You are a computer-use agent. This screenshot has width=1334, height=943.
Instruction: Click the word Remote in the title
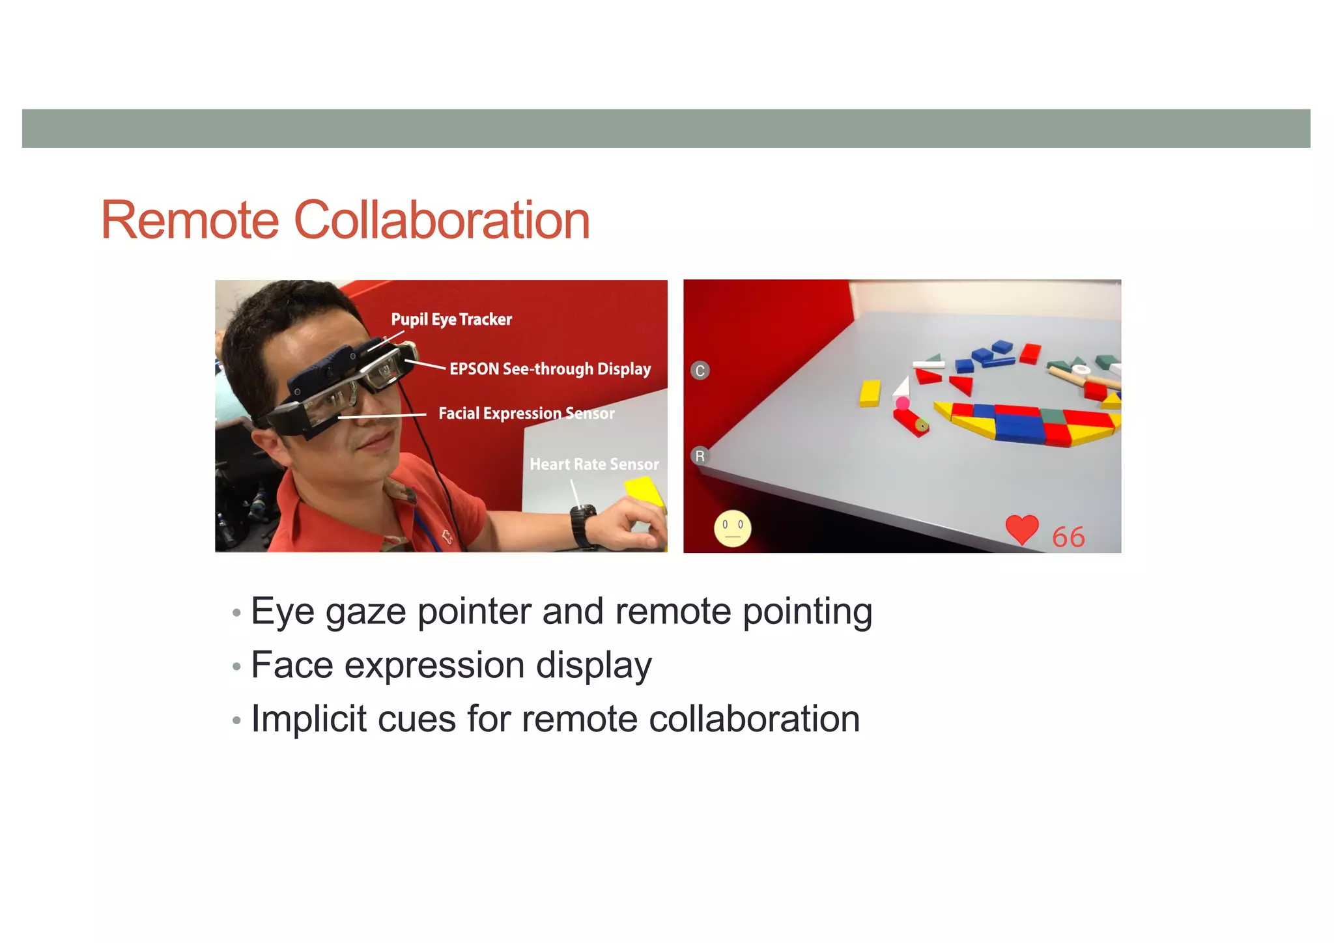click(x=190, y=221)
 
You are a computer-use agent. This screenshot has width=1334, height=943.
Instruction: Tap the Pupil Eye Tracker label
click(x=451, y=319)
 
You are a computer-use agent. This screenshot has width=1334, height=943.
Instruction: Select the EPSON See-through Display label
click(x=550, y=369)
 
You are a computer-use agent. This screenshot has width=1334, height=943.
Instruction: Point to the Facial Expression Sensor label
click(x=526, y=414)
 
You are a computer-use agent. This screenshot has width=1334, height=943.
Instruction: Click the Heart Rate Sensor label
click(x=593, y=464)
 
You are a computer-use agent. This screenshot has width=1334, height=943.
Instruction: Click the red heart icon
click(x=1021, y=529)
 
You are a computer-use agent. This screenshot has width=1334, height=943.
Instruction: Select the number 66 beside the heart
click(x=1068, y=537)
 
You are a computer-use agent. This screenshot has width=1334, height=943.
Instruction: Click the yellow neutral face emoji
click(x=732, y=528)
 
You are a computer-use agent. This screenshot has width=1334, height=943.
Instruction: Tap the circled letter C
click(x=700, y=371)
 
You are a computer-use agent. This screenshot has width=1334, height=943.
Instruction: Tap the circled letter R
click(x=700, y=456)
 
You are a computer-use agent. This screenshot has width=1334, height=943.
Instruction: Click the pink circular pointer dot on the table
click(x=902, y=403)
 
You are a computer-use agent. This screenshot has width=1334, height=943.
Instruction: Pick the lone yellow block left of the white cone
click(x=870, y=393)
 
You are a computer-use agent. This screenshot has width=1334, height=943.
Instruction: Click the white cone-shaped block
click(x=902, y=387)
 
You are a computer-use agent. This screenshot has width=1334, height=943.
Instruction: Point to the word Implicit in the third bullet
click(x=308, y=719)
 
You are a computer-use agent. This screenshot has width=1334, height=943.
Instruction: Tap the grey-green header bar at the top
click(x=666, y=128)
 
